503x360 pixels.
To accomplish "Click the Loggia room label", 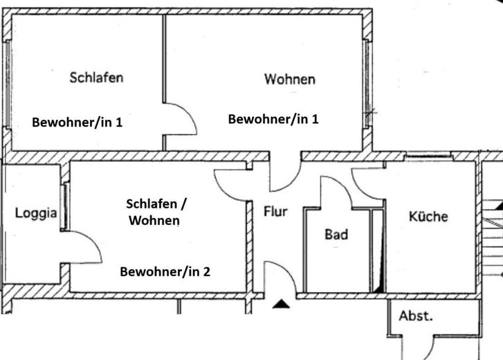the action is point(36,213).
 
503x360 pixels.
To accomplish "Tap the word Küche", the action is point(428,216).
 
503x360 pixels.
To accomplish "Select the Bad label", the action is point(336,234).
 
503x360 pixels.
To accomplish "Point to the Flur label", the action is point(275,211).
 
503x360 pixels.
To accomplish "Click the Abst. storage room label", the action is point(416,316).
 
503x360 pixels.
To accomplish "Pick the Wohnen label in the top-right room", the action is point(290,79).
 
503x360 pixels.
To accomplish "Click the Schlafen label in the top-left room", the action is point(97,78).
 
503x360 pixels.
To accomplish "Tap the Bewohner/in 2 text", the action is point(165,272).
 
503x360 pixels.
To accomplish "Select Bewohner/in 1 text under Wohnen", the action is point(273,119).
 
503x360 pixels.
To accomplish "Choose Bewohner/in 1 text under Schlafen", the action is point(77,123).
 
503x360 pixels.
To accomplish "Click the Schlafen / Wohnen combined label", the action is point(156,212).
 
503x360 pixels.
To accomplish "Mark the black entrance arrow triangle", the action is point(282,304).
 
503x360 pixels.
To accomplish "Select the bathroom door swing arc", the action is point(343,184).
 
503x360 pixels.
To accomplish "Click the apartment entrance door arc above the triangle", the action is point(288,269).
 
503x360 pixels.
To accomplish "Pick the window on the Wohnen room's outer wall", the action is point(367,84).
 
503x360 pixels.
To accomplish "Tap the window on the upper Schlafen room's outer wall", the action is point(7,84).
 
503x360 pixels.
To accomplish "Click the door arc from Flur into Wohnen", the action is point(293,183).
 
